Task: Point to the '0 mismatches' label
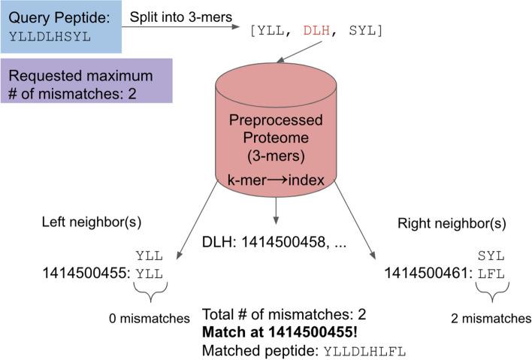(x=147, y=319)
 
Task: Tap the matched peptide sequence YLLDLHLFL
(x=365, y=349)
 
